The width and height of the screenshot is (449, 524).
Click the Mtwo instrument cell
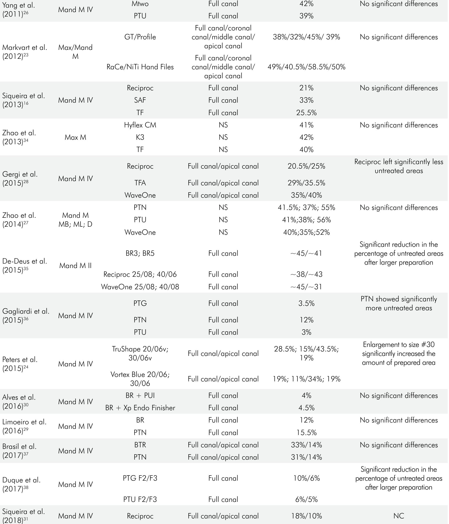click(140, 4)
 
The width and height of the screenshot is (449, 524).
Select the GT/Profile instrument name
click(140, 37)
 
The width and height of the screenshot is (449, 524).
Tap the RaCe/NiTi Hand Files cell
click(140, 67)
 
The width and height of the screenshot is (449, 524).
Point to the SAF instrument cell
click(140, 100)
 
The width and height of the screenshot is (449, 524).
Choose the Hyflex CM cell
click(140, 125)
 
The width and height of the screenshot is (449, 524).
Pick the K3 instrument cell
click(140, 137)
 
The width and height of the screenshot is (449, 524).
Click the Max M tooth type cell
click(75, 137)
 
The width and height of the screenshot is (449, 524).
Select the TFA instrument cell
click(140, 183)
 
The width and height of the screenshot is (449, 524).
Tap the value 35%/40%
click(306, 195)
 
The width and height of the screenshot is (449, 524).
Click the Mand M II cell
click(75, 266)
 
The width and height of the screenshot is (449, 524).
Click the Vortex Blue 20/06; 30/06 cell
click(140, 379)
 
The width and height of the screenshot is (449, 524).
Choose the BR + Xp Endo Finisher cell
click(140, 408)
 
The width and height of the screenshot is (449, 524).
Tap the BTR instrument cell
click(140, 445)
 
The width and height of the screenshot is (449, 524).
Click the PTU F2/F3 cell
click(140, 499)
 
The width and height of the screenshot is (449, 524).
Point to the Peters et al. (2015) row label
click(20, 364)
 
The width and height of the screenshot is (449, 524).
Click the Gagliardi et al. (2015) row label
click(26, 316)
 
